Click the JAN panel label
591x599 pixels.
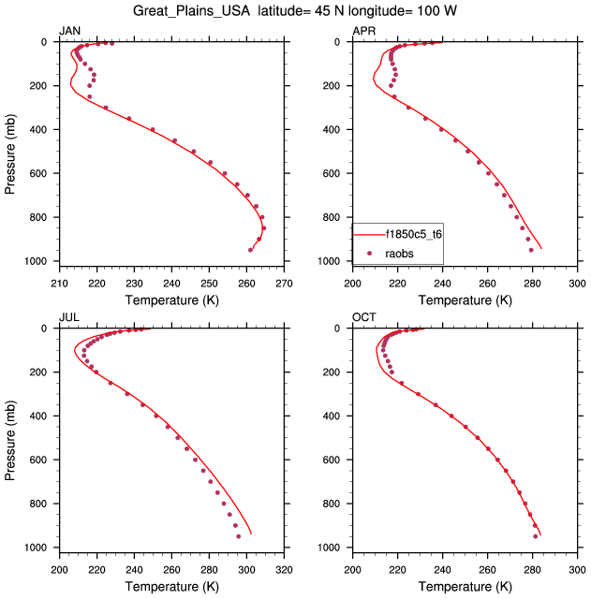(x=69, y=32)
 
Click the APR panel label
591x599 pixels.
(x=363, y=32)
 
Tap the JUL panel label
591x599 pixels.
(x=68, y=318)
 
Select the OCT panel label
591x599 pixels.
(x=363, y=318)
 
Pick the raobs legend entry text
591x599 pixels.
(x=400, y=253)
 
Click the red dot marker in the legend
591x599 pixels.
(x=370, y=253)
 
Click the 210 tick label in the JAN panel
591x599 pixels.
(x=59, y=284)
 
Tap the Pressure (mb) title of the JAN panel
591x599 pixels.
(x=11, y=152)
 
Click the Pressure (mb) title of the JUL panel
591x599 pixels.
(x=11, y=438)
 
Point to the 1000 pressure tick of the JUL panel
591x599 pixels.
(x=39, y=548)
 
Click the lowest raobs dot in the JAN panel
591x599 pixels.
(x=250, y=250)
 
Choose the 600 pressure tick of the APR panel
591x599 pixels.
(x=336, y=173)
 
